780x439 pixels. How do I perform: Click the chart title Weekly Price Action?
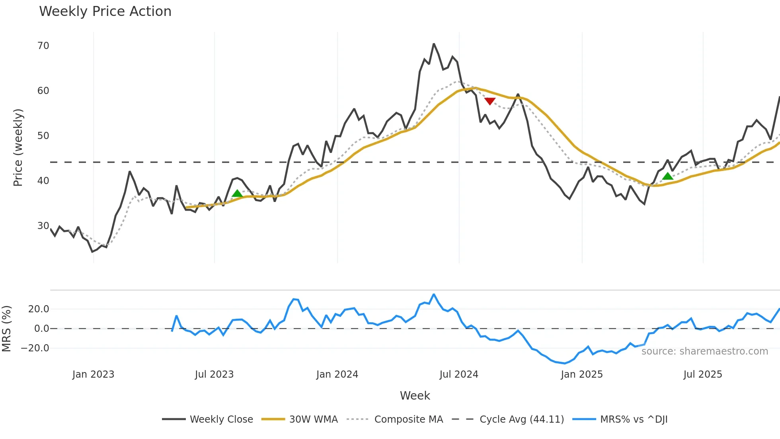coord(105,12)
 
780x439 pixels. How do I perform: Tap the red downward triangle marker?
coord(490,101)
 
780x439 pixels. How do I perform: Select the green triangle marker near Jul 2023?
coord(237,194)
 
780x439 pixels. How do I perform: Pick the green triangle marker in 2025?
coord(668,176)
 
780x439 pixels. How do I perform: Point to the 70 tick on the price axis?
coord(43,46)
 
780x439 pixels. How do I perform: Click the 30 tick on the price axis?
coord(43,226)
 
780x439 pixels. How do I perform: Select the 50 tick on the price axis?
coord(43,136)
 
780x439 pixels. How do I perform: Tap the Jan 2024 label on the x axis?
coord(337,374)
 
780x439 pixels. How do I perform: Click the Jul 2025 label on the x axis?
coord(702,374)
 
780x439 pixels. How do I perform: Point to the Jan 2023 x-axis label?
coord(93,374)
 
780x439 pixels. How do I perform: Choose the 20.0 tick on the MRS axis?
coord(39,309)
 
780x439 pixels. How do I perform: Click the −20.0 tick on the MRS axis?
coord(35,348)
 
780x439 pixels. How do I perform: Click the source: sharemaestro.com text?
coord(704,351)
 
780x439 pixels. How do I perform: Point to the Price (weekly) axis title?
coord(18,147)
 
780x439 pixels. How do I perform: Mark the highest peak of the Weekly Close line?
coord(434,44)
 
